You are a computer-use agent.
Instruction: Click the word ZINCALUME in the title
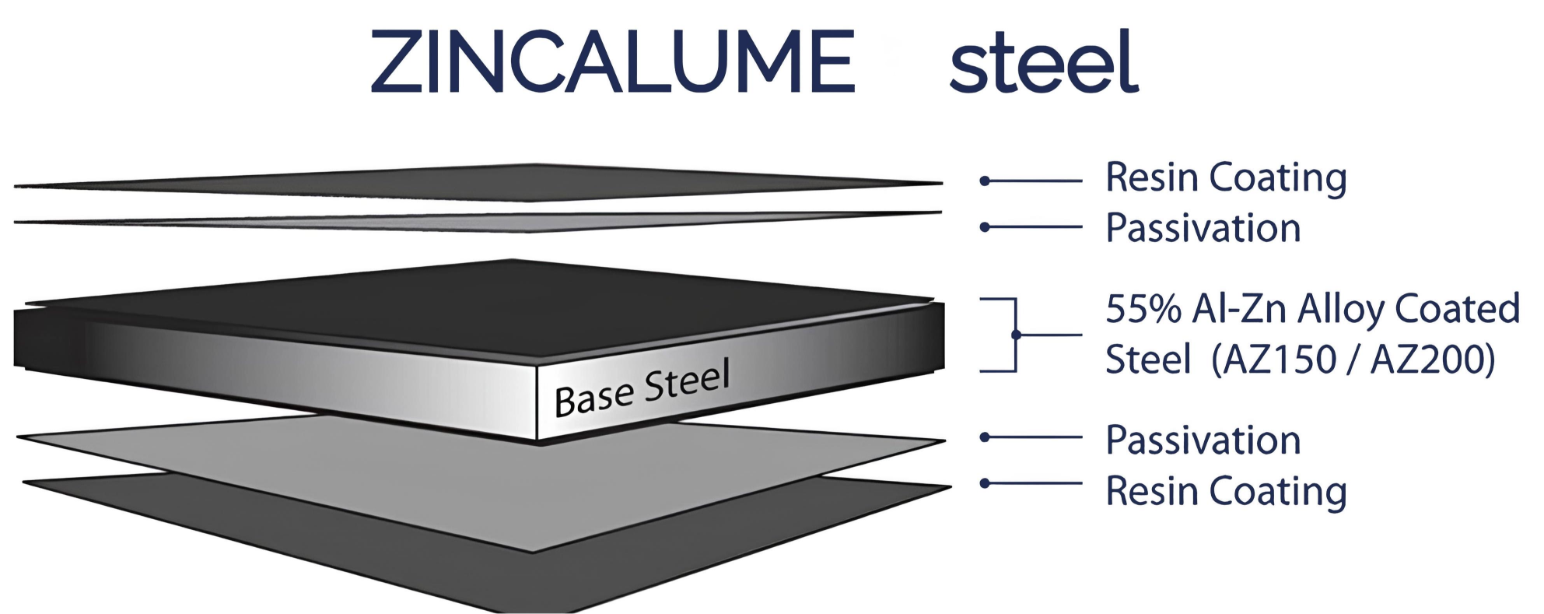[x=612, y=62]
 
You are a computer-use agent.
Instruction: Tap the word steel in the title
[x=1044, y=62]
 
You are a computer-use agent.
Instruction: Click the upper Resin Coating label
[x=1226, y=177]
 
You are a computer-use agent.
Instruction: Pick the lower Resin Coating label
[x=1226, y=491]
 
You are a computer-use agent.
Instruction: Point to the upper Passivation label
[x=1203, y=228]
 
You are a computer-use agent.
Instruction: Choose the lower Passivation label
[x=1203, y=440]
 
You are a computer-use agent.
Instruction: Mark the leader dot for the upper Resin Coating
[x=985, y=181]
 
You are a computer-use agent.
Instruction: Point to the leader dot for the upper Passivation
[x=985, y=227]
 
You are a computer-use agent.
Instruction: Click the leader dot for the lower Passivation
[x=985, y=437]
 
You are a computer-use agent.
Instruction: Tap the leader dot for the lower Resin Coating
[x=985, y=483]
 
